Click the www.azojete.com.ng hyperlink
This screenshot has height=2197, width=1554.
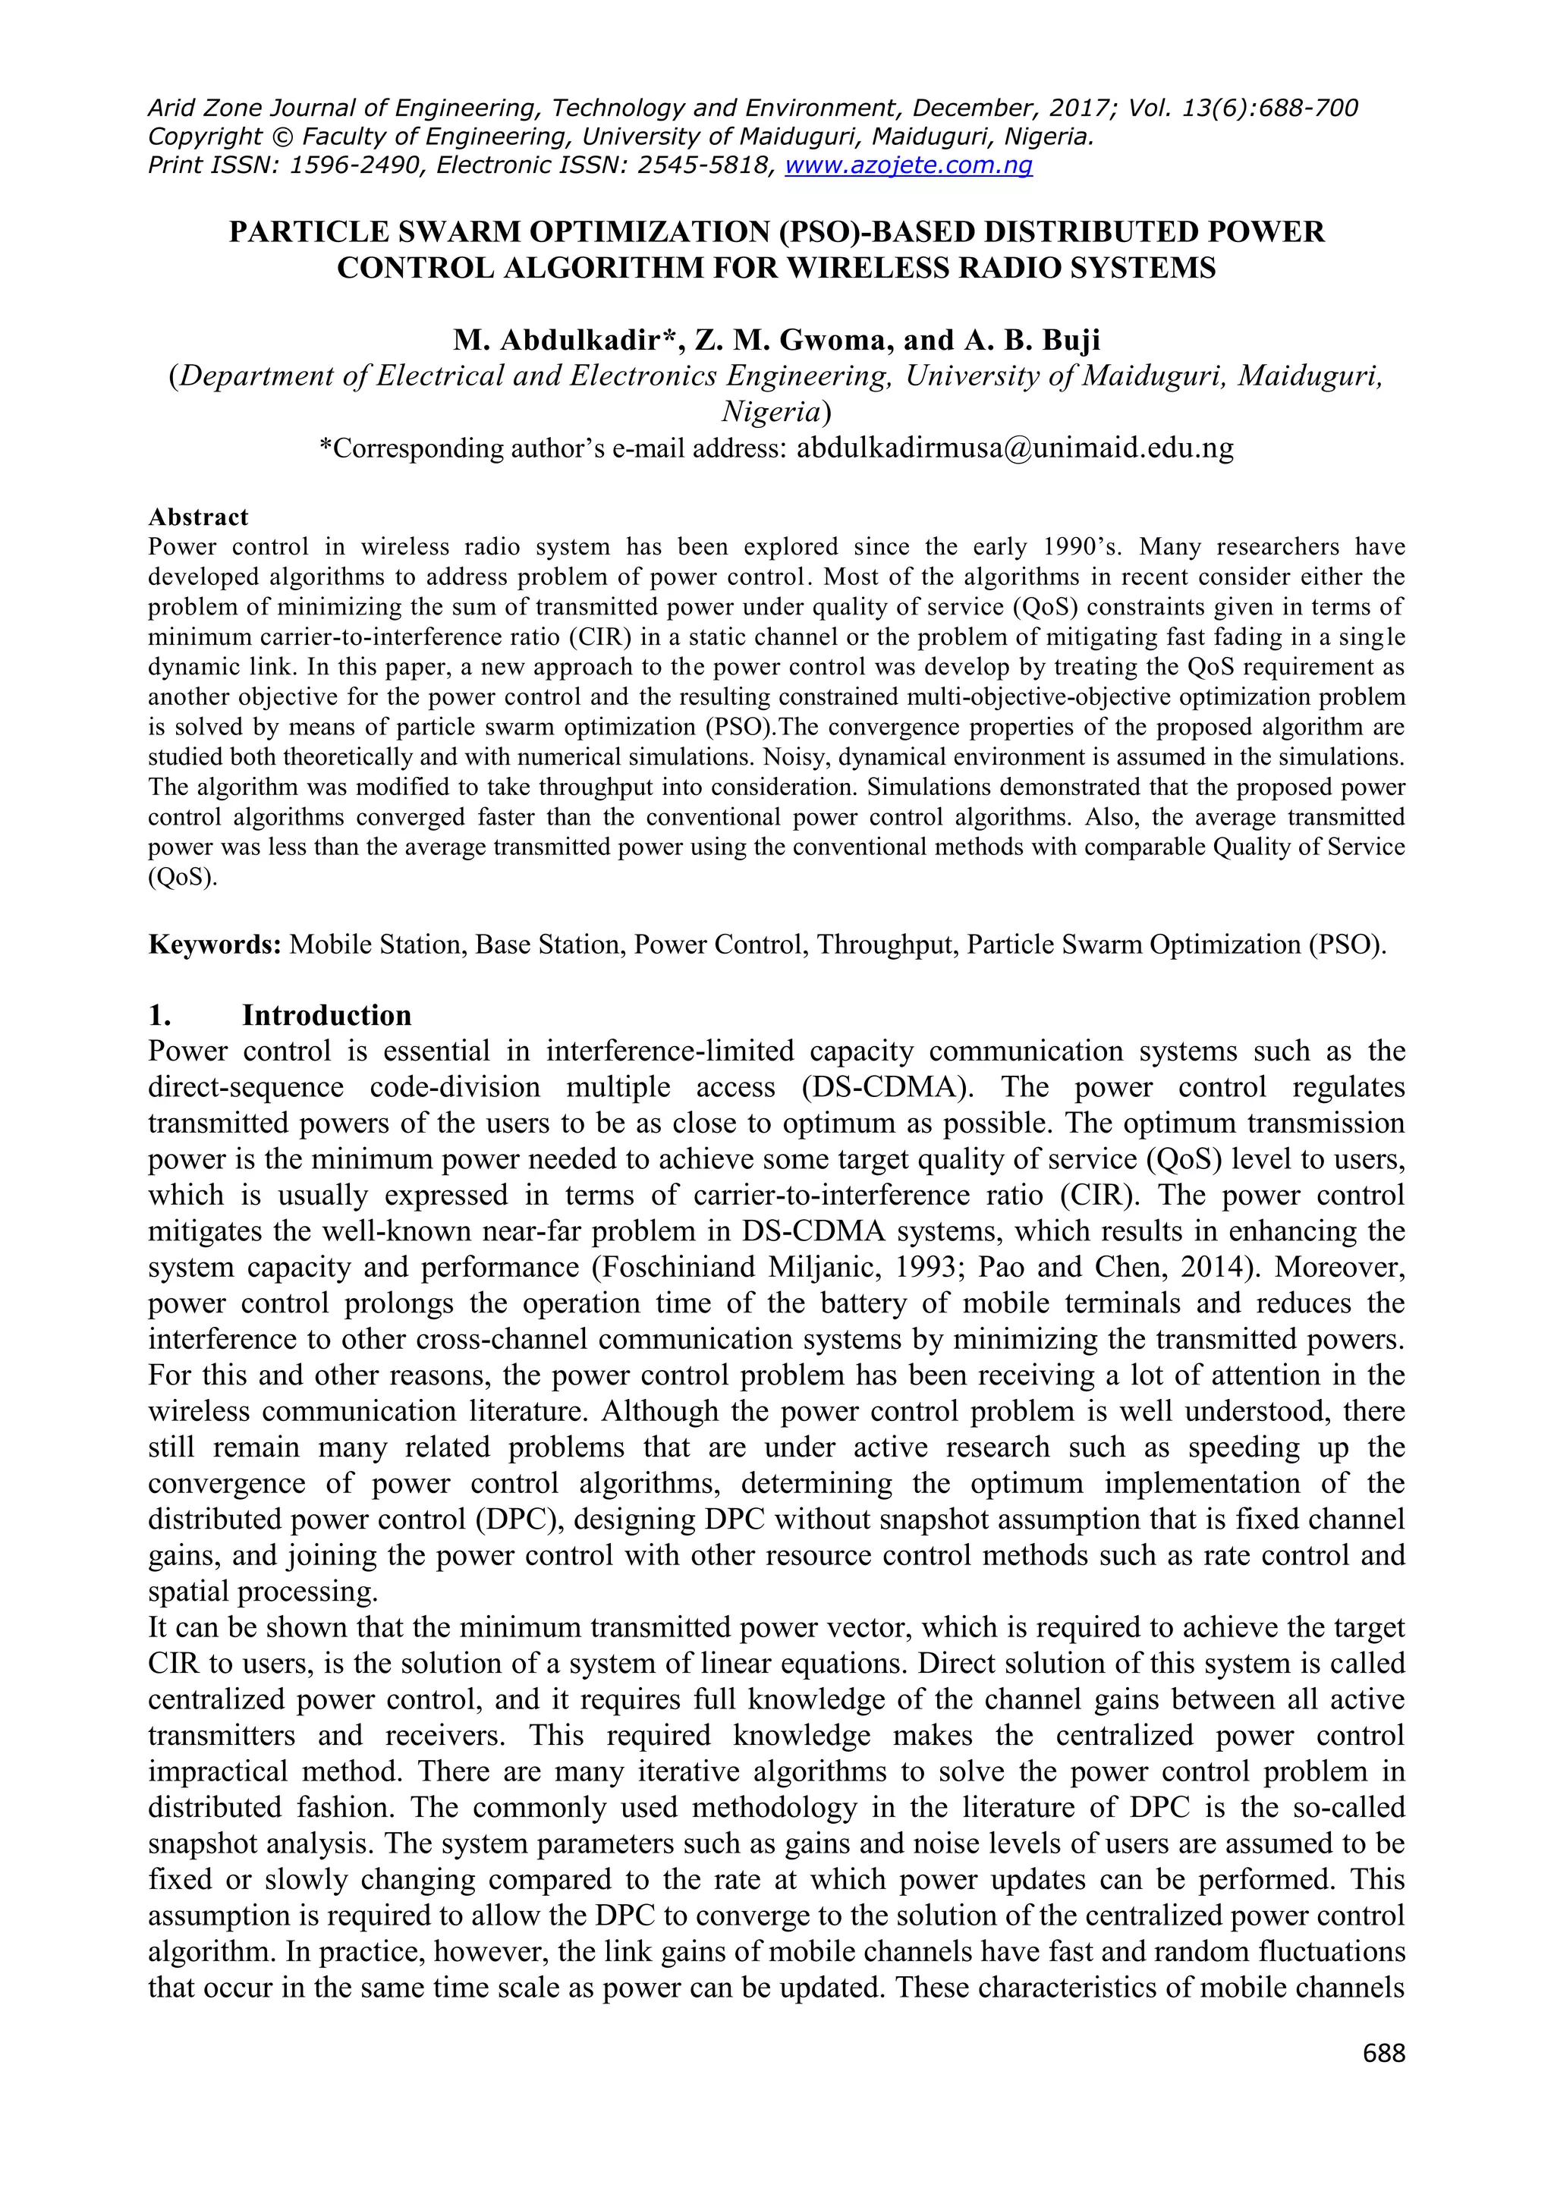point(908,165)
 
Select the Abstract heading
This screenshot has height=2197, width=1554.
point(198,517)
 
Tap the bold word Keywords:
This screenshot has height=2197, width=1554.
point(214,945)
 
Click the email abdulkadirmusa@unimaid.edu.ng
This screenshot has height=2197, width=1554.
point(1015,448)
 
